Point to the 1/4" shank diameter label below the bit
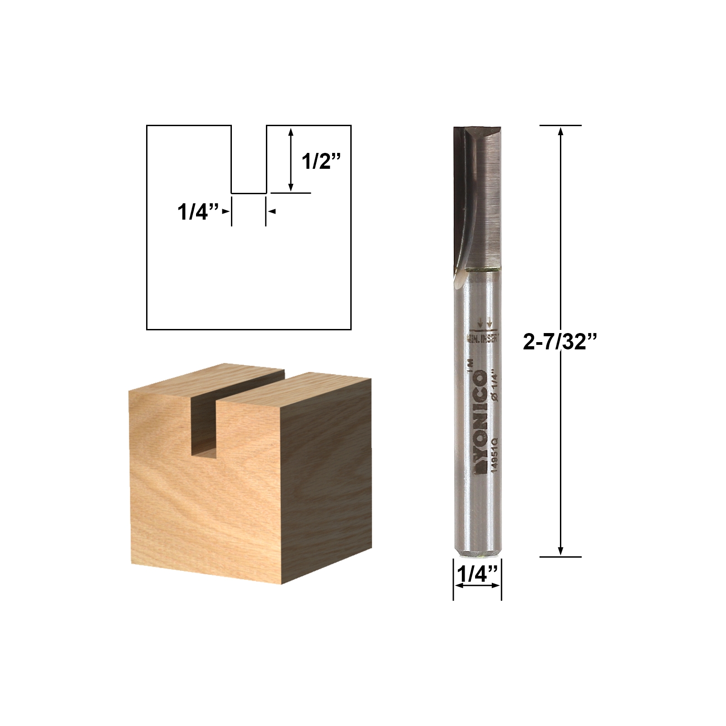click(477, 575)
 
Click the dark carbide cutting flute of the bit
click(476, 195)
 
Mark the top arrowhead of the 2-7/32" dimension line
click(561, 132)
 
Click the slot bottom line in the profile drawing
click(249, 193)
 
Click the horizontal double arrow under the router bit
click(477, 586)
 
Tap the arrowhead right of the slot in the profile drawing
click(272, 211)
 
